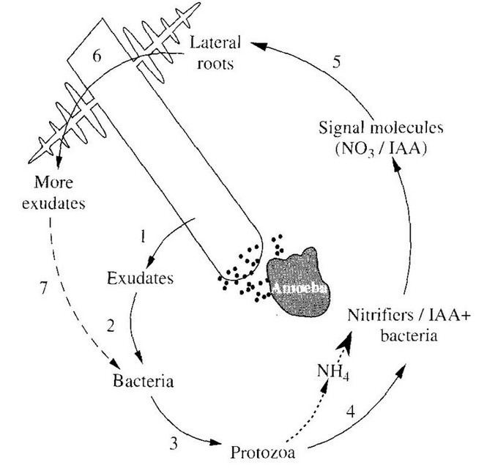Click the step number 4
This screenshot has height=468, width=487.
click(352, 412)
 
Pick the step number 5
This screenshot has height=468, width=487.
click(335, 61)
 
